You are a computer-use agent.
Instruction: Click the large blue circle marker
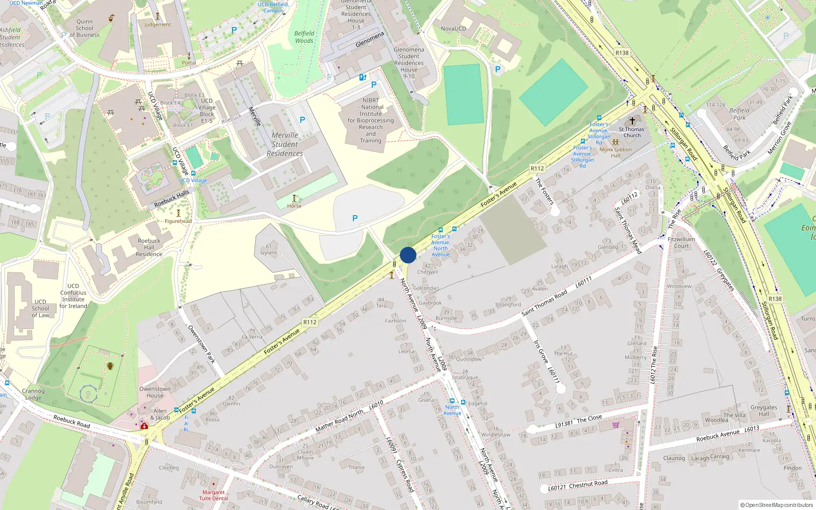(x=408, y=255)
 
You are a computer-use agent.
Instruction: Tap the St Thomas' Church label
(x=632, y=132)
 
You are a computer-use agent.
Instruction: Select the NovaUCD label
(x=453, y=29)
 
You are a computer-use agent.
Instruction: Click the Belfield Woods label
(x=304, y=37)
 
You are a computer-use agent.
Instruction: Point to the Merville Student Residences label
(x=285, y=144)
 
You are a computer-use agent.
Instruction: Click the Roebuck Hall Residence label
(x=149, y=247)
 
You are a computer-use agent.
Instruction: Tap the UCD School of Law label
(x=40, y=309)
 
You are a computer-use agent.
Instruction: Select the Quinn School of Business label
(x=85, y=29)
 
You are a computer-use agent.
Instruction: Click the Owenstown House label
(x=155, y=392)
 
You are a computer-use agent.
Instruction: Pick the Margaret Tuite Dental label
(x=213, y=495)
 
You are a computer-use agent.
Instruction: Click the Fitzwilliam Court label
(x=681, y=242)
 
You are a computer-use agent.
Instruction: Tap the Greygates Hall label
(x=763, y=411)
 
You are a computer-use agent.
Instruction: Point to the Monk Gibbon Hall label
(x=616, y=152)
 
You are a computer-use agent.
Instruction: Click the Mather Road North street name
(x=339, y=421)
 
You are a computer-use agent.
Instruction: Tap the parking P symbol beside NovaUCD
(x=498, y=69)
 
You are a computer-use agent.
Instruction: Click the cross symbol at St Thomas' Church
(x=632, y=121)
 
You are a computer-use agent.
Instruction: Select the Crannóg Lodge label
(x=33, y=394)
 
